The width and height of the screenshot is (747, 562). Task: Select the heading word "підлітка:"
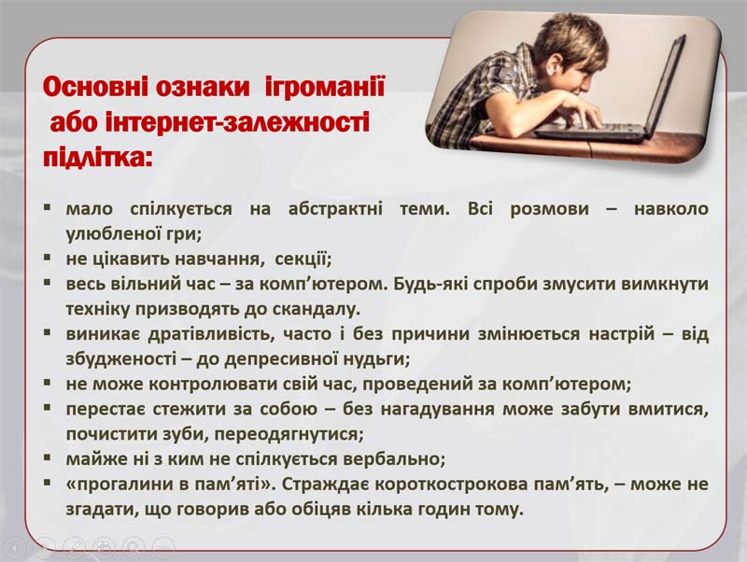97,157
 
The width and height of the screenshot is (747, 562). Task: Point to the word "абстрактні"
335,208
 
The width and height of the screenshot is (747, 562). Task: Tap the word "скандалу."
317,310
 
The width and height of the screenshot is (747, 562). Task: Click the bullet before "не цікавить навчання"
47,258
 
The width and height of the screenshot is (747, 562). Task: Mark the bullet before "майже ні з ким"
47,457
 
